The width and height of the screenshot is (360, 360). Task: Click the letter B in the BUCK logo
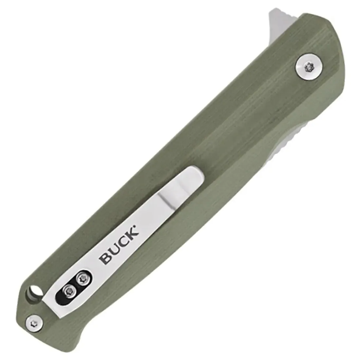tap(105, 259)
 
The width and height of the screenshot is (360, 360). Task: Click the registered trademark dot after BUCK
tap(138, 226)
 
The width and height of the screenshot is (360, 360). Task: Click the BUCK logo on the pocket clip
tap(119, 245)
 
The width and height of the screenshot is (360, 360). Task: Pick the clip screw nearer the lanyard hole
tap(69, 292)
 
